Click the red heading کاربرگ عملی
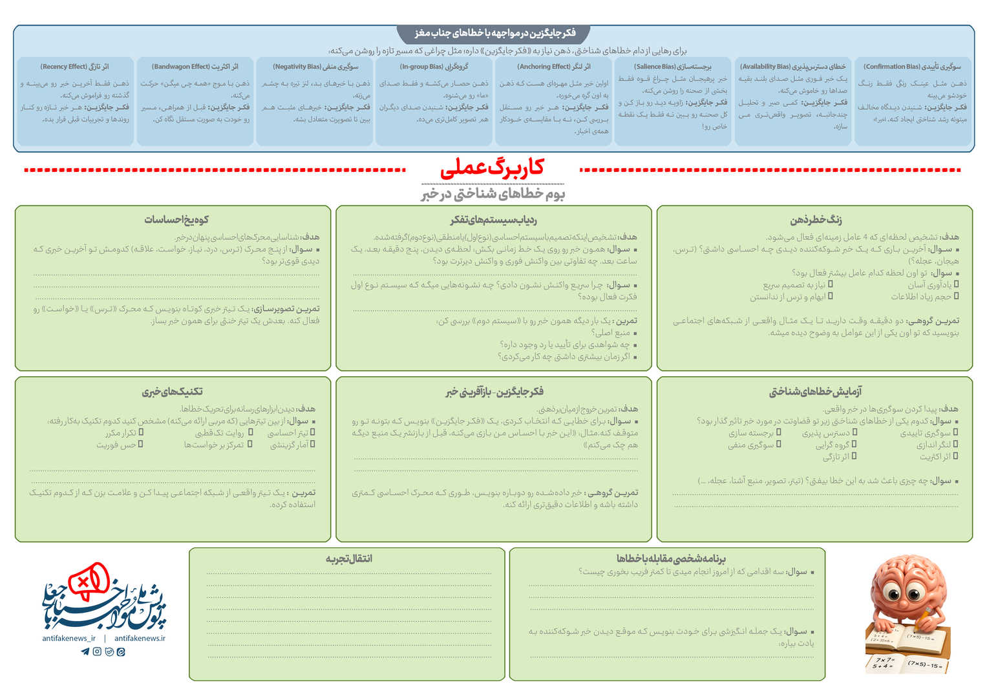(492, 169)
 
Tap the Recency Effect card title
(75, 67)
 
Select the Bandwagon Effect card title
(195, 67)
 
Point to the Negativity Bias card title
(315, 67)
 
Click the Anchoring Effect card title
(553, 67)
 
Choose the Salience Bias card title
(673, 67)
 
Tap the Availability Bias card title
(792, 67)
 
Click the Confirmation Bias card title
(912, 67)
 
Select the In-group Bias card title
(434, 67)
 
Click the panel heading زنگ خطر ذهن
(816, 220)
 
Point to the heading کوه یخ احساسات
(176, 220)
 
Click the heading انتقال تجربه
(348, 558)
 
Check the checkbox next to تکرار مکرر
(141, 433)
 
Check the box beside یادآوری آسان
(956, 284)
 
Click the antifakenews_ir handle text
(69, 638)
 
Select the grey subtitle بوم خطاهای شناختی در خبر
(493, 194)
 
